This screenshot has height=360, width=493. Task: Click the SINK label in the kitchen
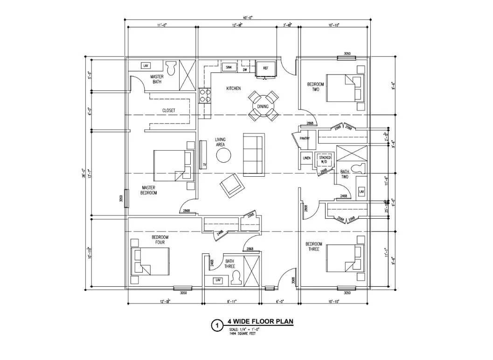click(x=229, y=68)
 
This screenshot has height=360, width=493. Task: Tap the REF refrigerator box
click(x=266, y=68)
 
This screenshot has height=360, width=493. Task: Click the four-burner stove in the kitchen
click(x=205, y=96)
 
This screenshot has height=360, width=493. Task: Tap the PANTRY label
click(x=305, y=138)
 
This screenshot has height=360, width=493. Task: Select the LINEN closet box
click(x=306, y=158)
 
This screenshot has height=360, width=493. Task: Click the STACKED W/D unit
click(x=325, y=160)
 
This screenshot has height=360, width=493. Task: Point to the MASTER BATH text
click(x=157, y=79)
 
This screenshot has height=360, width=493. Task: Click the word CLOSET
click(x=168, y=111)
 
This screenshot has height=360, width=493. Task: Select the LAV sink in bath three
click(x=217, y=280)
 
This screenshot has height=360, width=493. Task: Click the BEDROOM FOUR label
click(x=160, y=240)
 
